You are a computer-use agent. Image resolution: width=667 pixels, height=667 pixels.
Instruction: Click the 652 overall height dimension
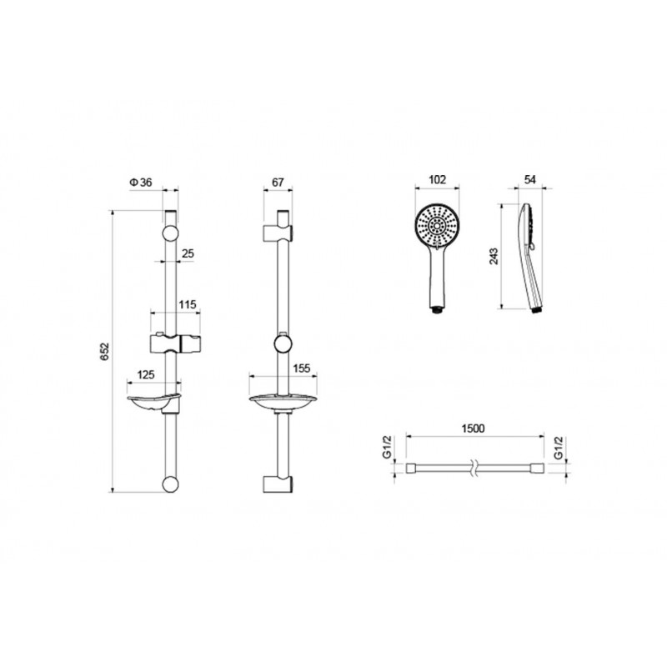[x=105, y=351]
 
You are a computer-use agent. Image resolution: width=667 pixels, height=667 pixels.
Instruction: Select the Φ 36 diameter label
[x=140, y=183]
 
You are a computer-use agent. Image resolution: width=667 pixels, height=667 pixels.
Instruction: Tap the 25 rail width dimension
[x=188, y=253]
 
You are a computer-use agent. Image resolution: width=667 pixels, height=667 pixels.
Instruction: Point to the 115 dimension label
[x=187, y=304]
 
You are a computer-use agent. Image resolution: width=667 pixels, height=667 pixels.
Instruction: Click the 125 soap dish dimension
[x=146, y=374]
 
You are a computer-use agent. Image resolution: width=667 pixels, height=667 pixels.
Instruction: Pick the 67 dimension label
[x=278, y=183]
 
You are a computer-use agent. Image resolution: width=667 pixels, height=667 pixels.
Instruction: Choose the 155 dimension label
[x=302, y=368]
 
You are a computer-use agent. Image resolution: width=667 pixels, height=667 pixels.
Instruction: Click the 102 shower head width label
[x=437, y=179]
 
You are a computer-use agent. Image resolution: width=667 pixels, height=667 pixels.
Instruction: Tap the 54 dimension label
[x=530, y=179]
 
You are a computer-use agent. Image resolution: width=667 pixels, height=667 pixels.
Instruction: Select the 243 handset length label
[x=494, y=256]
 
